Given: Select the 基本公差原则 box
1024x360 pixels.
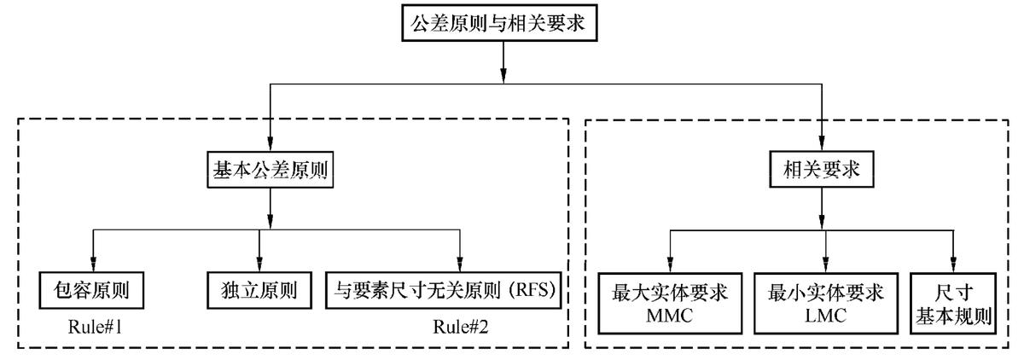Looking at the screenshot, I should [271, 171].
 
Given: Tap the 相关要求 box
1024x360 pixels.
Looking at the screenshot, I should [821, 171].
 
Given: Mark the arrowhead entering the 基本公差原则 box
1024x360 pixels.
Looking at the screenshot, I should [271, 147].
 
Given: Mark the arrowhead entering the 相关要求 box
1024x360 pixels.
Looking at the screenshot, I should [821, 147].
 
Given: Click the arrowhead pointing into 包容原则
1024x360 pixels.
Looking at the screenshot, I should [91, 266].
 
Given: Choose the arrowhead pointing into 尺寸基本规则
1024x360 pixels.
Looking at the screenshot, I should [954, 266].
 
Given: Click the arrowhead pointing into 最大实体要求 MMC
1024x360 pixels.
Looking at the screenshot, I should [669, 266].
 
